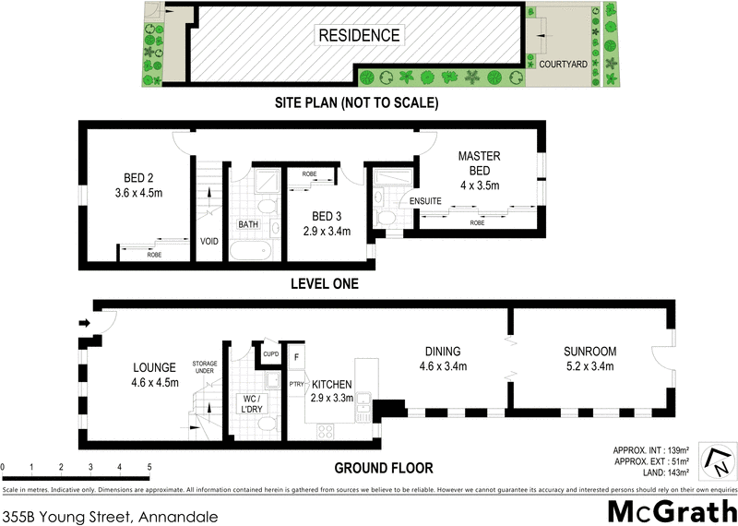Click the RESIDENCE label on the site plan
tap(359, 36)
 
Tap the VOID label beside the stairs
tap(209, 242)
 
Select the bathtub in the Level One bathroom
tap(251, 250)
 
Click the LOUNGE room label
tap(154, 368)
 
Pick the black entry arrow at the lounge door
tap(86, 323)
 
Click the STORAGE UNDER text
tap(205, 368)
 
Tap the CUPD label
tap(270, 353)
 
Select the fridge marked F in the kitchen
tap(296, 356)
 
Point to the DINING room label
tap(442, 352)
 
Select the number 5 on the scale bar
tap(149, 468)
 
